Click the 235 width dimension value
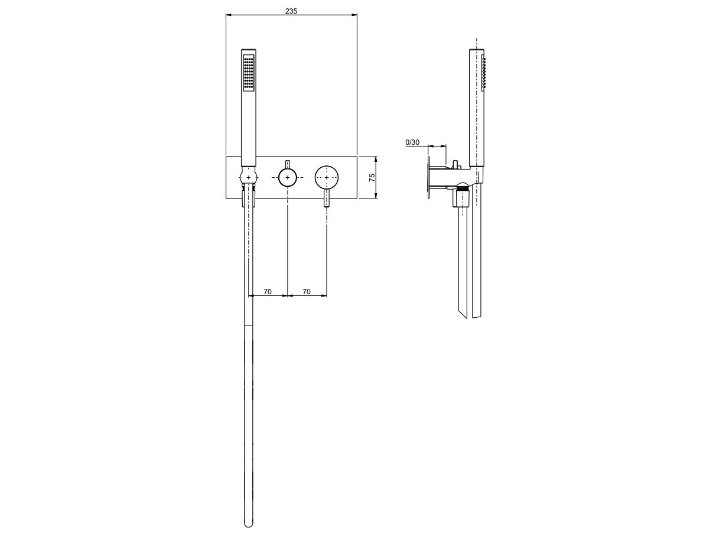coord(291,11)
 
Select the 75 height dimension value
coord(372,178)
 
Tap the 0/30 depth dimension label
coord(412,142)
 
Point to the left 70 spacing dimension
coord(268,291)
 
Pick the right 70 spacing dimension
coord(307,291)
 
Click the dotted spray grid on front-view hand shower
coord(249,73)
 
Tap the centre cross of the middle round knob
coord(287,178)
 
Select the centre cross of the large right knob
coord(327,178)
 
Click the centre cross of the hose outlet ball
coord(249,178)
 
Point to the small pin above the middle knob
coord(287,164)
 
